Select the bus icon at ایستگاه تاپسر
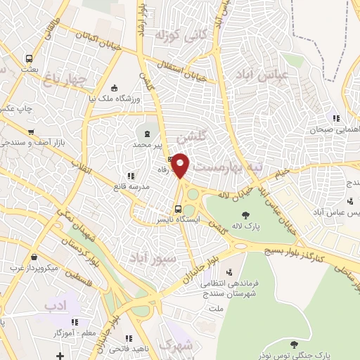click(178, 208)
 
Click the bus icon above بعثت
click(29, 59)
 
